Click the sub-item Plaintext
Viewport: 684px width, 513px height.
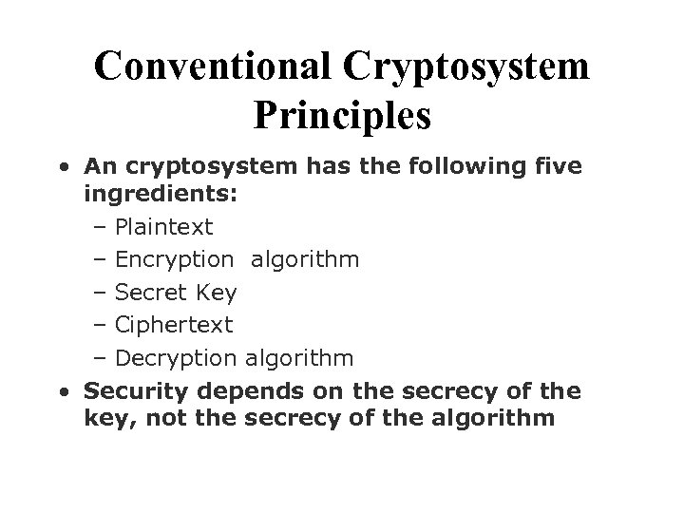click(163, 228)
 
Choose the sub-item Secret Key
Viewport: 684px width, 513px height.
click(176, 292)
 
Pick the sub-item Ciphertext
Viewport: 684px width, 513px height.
click(173, 325)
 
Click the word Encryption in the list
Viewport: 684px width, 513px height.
click(173, 259)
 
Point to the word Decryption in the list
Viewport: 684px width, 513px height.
click(175, 358)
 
